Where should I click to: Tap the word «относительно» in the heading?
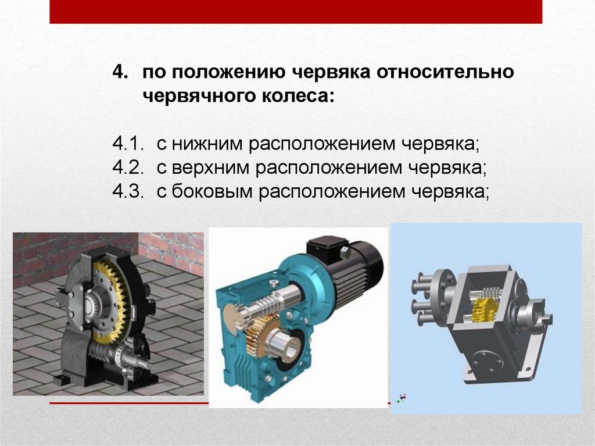click(x=445, y=72)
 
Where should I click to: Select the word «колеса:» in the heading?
click(x=298, y=95)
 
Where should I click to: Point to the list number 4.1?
click(x=128, y=144)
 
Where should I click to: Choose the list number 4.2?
click(x=128, y=167)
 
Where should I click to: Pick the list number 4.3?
click(x=128, y=191)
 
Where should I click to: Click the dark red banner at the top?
click(x=296, y=12)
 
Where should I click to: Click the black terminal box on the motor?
click(x=327, y=249)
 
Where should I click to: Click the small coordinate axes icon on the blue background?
click(x=400, y=398)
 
